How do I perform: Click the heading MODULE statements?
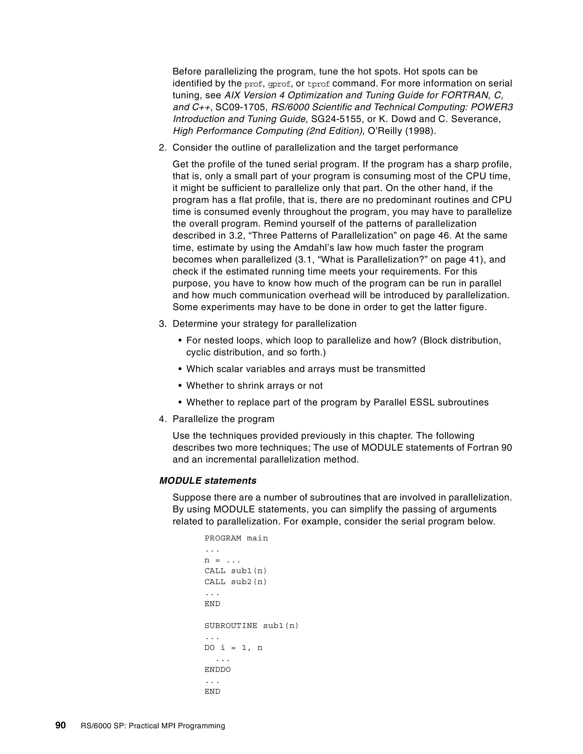pyautogui.click(x=208, y=481)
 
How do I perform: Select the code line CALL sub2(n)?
pyautogui.click(x=235, y=582)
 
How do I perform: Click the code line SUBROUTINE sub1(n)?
pyautogui.click(x=251, y=626)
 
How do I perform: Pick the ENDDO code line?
pyautogui.click(x=217, y=669)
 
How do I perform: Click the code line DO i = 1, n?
pyautogui.click(x=233, y=648)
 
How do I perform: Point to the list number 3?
pyautogui.click(x=162, y=324)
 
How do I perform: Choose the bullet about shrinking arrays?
pyautogui.click(x=254, y=386)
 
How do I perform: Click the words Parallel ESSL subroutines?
pyautogui.click(x=431, y=402)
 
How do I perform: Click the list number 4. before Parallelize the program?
pyautogui.click(x=162, y=419)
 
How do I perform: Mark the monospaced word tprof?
pyautogui.click(x=319, y=84)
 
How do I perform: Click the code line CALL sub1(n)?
pyautogui.click(x=235, y=571)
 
